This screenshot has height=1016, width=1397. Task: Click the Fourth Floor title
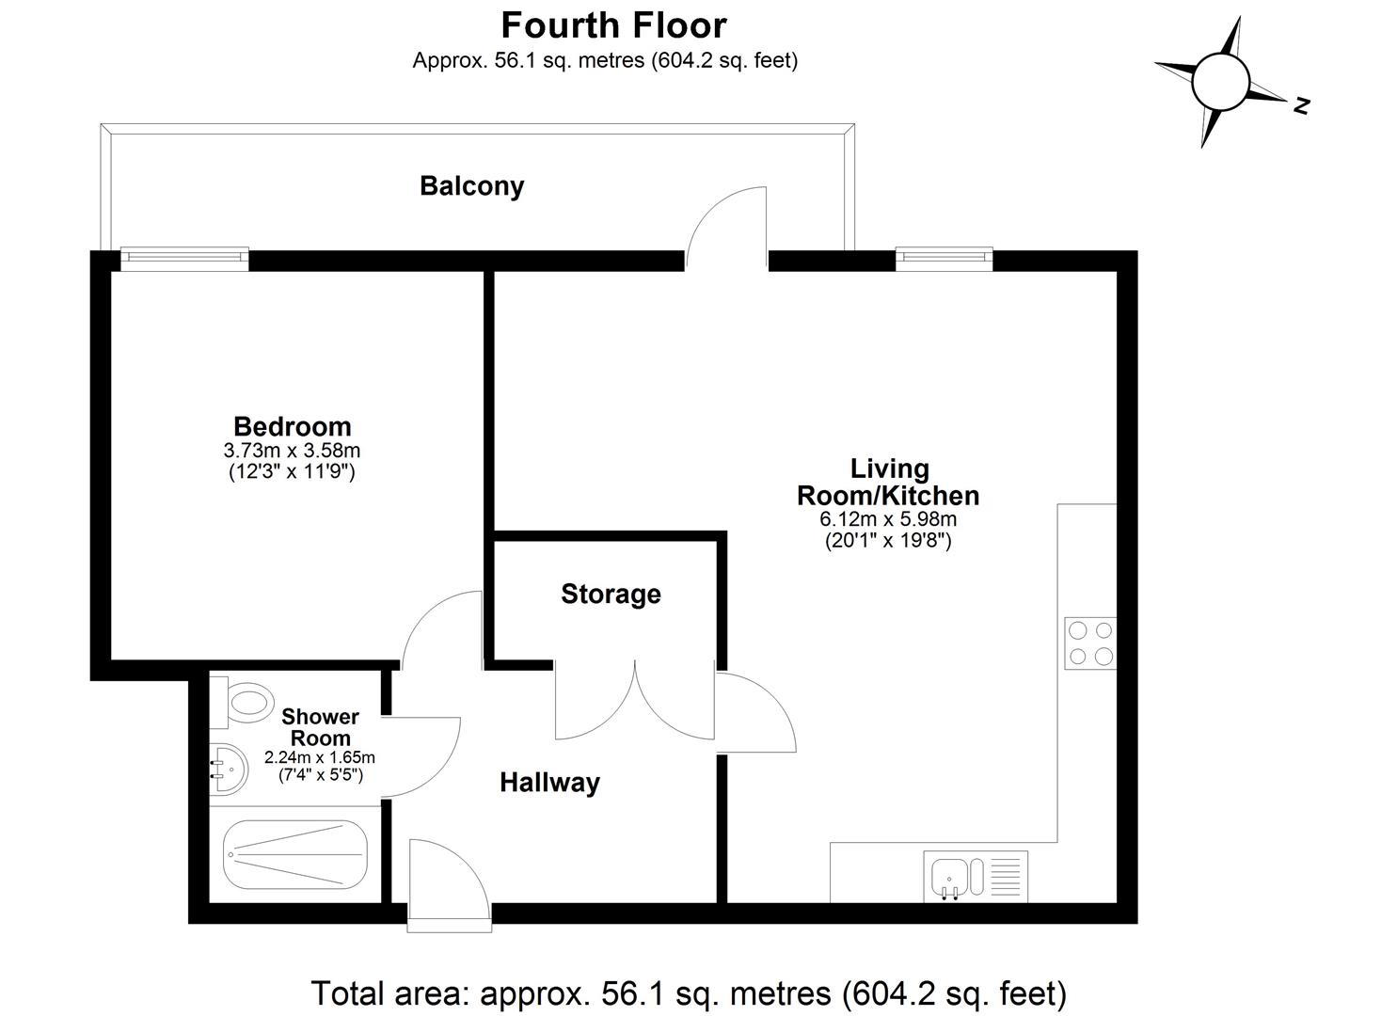coord(613,25)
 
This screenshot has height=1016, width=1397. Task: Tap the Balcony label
coord(471,186)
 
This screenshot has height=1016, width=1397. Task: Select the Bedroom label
coord(292,426)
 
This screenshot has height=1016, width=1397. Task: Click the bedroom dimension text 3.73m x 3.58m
coord(292,451)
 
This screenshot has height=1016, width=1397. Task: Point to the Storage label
coord(611,595)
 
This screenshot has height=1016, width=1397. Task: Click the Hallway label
coord(549,783)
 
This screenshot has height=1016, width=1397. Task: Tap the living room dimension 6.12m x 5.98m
coord(888,519)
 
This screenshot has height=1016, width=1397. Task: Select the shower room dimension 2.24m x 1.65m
coord(320,757)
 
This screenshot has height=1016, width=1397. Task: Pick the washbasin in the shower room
coord(229,767)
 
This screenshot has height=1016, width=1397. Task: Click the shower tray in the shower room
coord(294,854)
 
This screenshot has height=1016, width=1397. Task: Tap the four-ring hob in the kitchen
coord(1090,643)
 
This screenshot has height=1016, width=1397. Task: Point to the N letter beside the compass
coord(1301,105)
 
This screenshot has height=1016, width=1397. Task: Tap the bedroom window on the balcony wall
coord(184,259)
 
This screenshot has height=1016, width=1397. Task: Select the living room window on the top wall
coord(944,259)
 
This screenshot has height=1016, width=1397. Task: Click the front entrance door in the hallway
coord(449,884)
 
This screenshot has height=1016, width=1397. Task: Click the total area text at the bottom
coord(689,992)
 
